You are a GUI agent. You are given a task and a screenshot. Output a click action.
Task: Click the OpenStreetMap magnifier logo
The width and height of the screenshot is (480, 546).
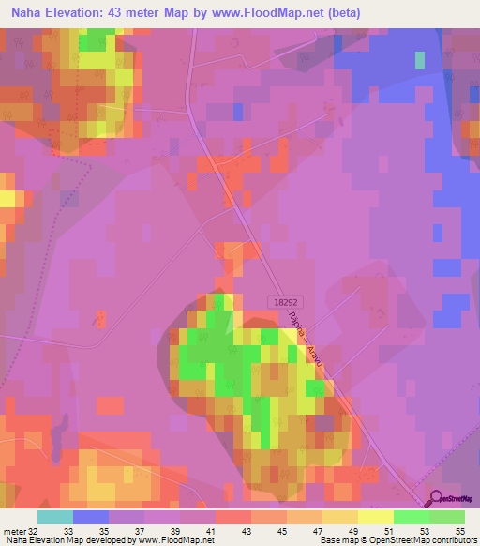(437, 500)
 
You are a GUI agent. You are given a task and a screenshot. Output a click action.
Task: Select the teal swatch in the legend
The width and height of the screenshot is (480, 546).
(55, 517)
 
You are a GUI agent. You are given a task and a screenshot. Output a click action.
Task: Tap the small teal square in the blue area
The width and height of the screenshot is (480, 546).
(419, 59)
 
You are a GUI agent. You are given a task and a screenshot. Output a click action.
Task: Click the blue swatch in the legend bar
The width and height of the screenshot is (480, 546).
(91, 517)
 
